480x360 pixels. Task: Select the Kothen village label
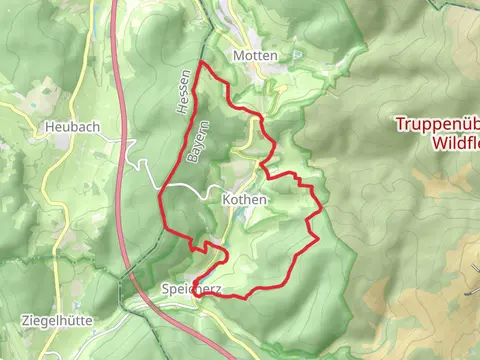[245, 200]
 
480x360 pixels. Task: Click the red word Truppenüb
[438, 125]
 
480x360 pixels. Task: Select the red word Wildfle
[456, 144]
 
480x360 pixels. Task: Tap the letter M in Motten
[237, 56]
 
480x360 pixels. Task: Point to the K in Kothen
[226, 200]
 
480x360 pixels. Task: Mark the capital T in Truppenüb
[399, 125]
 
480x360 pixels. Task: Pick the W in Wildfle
[437, 144]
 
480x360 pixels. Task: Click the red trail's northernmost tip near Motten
[203, 63]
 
